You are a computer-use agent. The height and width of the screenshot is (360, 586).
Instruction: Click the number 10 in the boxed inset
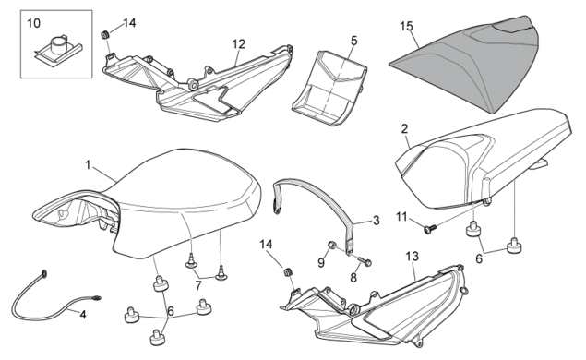tap(33, 23)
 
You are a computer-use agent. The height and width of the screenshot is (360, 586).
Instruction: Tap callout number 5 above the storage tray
tap(354, 41)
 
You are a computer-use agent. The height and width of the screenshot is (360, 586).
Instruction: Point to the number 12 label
tap(238, 44)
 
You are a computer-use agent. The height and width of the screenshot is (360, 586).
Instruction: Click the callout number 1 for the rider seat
tap(88, 165)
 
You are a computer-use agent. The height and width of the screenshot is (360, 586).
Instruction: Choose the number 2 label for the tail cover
tap(404, 129)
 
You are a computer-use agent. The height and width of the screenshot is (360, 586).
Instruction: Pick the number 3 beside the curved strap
tap(376, 221)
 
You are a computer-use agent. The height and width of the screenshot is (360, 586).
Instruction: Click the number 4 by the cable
tap(83, 315)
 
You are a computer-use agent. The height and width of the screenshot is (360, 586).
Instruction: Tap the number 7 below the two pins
tap(198, 285)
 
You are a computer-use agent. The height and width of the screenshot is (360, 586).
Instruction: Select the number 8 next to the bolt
tap(353, 277)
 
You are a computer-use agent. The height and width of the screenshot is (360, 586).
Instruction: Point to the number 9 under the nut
tap(321, 263)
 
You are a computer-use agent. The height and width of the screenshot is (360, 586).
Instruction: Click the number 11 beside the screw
tap(401, 217)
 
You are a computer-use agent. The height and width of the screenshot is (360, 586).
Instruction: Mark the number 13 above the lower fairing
tap(413, 257)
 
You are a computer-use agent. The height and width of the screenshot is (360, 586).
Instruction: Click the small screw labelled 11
tap(430, 228)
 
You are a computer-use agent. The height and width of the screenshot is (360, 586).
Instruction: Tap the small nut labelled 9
tap(330, 245)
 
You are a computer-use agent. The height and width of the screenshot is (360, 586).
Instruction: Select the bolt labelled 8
tap(365, 260)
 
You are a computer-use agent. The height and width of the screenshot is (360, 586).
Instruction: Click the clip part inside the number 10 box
tap(58, 48)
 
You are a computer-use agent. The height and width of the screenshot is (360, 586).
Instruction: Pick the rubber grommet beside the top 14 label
tap(104, 35)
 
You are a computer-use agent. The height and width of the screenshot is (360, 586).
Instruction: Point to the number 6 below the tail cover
tap(479, 258)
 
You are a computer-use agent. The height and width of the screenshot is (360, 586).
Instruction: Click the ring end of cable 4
tap(44, 274)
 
